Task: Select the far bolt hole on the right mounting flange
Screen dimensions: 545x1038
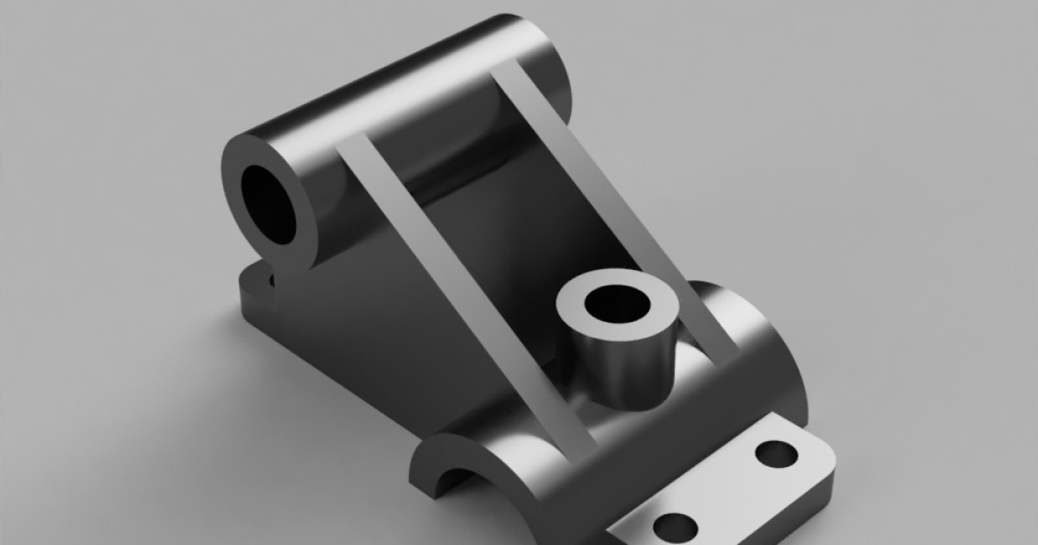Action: (x=776, y=452)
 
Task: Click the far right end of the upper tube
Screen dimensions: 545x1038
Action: (x=567, y=78)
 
